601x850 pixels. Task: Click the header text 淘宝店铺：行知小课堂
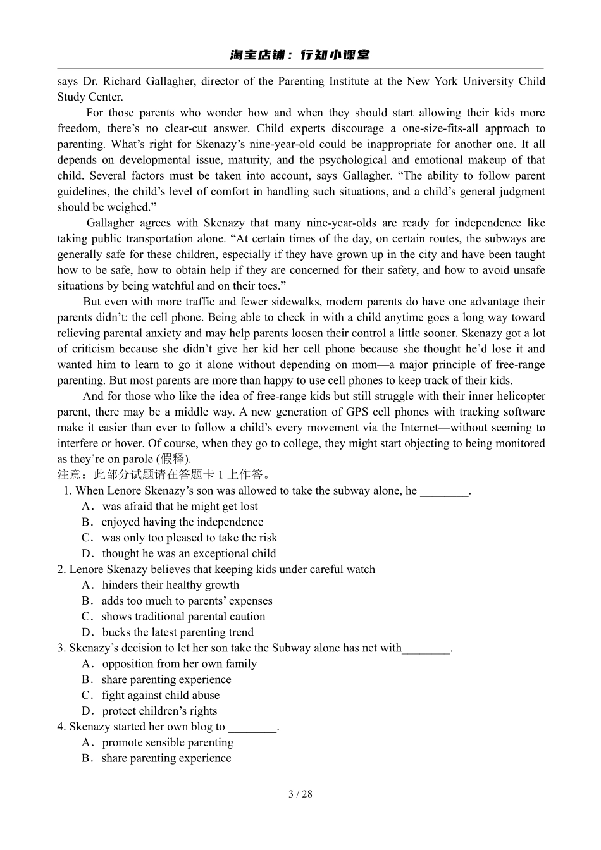(300, 55)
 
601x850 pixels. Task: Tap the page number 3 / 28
(300, 794)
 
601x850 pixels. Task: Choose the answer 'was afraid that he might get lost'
(180, 506)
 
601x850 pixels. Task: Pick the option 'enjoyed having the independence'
(182, 522)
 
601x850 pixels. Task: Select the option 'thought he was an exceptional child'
(189, 553)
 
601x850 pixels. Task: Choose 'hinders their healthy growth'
(170, 585)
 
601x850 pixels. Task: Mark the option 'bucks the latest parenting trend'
(177, 632)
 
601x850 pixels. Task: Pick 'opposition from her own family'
(179, 663)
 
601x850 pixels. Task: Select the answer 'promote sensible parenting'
(168, 742)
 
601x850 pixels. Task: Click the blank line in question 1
(445, 491)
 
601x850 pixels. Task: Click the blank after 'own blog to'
(252, 728)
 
